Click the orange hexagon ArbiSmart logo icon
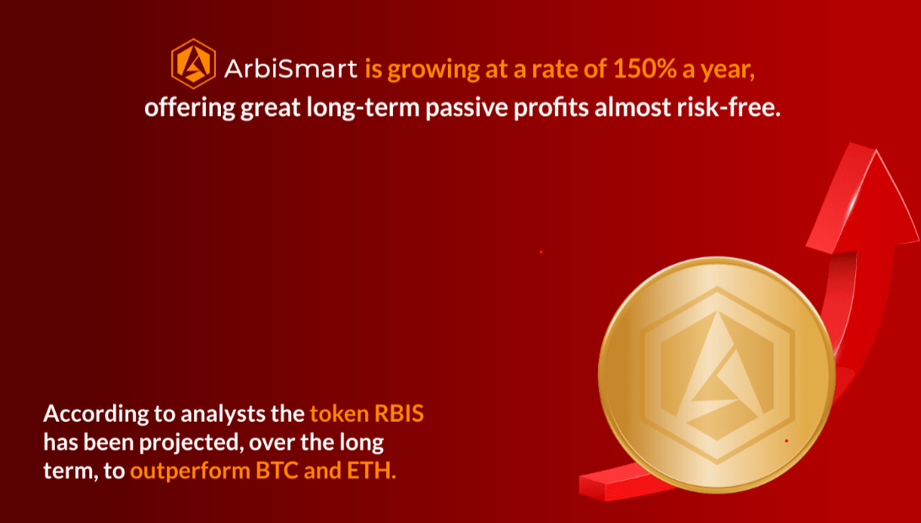[193, 64]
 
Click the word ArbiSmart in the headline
[290, 70]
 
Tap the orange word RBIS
[399, 413]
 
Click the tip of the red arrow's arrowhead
[876, 150]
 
